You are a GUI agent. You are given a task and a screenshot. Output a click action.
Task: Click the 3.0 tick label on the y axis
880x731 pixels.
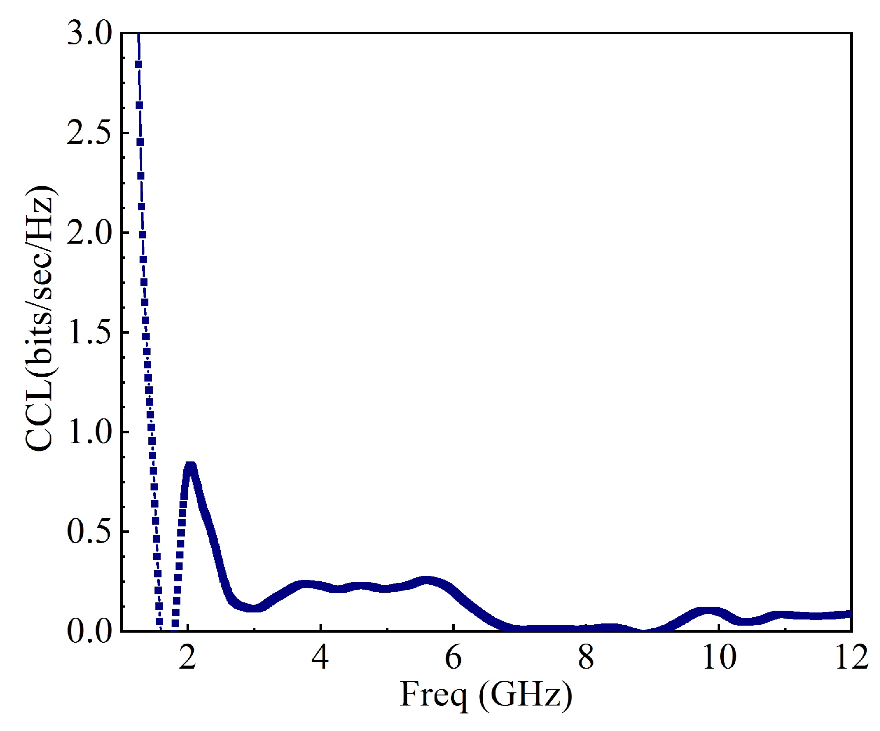click(x=90, y=34)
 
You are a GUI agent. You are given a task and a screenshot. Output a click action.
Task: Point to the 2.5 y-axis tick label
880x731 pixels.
click(x=90, y=133)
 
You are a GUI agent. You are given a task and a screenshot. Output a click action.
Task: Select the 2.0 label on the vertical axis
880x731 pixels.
click(x=90, y=233)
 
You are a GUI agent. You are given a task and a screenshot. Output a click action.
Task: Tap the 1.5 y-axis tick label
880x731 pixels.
click(x=90, y=332)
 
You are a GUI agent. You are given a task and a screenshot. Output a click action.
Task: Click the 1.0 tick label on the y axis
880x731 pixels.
click(x=90, y=432)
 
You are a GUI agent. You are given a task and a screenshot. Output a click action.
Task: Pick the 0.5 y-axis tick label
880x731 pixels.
click(x=90, y=532)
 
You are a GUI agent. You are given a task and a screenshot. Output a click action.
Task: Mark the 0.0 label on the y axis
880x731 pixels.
click(x=90, y=631)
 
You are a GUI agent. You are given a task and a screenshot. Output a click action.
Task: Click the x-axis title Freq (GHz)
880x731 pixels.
click(x=486, y=695)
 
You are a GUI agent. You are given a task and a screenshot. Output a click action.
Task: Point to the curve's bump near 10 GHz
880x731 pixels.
click(x=708, y=611)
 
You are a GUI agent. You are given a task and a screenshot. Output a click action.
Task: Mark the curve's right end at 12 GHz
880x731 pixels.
click(x=850, y=614)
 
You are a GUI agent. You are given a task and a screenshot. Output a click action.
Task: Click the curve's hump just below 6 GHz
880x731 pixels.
click(x=426, y=581)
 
